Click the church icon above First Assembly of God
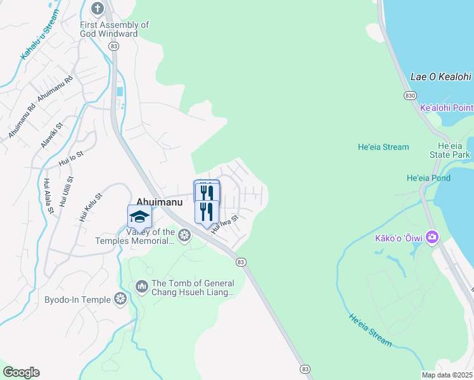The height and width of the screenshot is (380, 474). (x=97, y=9)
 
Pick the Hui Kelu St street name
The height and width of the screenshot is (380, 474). (x=90, y=207)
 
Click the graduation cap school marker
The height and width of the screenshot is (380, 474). (x=139, y=217)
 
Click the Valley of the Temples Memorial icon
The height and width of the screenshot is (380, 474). (x=184, y=236)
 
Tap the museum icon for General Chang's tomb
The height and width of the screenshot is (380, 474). (x=141, y=288)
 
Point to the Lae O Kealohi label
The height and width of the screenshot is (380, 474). (x=441, y=77)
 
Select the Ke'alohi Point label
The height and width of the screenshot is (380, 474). (x=447, y=108)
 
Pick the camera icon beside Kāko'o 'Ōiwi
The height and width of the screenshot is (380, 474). (x=432, y=237)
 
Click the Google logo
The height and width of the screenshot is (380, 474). (x=21, y=372)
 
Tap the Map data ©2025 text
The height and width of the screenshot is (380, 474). (x=447, y=375)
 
